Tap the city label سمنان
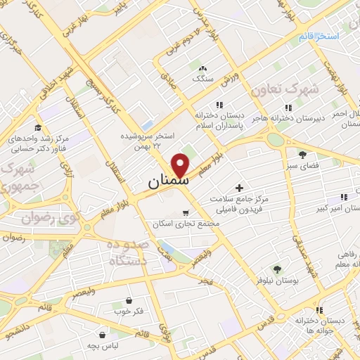tap(169, 181)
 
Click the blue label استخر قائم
tap(317, 35)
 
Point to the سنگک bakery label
tap(203, 79)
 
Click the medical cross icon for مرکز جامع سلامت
tap(240, 188)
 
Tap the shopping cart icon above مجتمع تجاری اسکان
tap(186, 213)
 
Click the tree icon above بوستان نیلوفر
tap(277, 269)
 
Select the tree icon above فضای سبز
tap(303, 154)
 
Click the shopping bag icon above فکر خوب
tap(128, 300)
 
